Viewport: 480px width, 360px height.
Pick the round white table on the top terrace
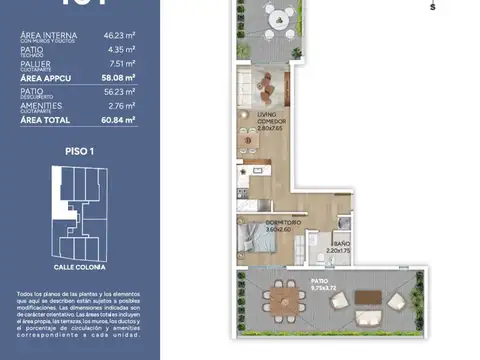pyautogui.click(x=279, y=17)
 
